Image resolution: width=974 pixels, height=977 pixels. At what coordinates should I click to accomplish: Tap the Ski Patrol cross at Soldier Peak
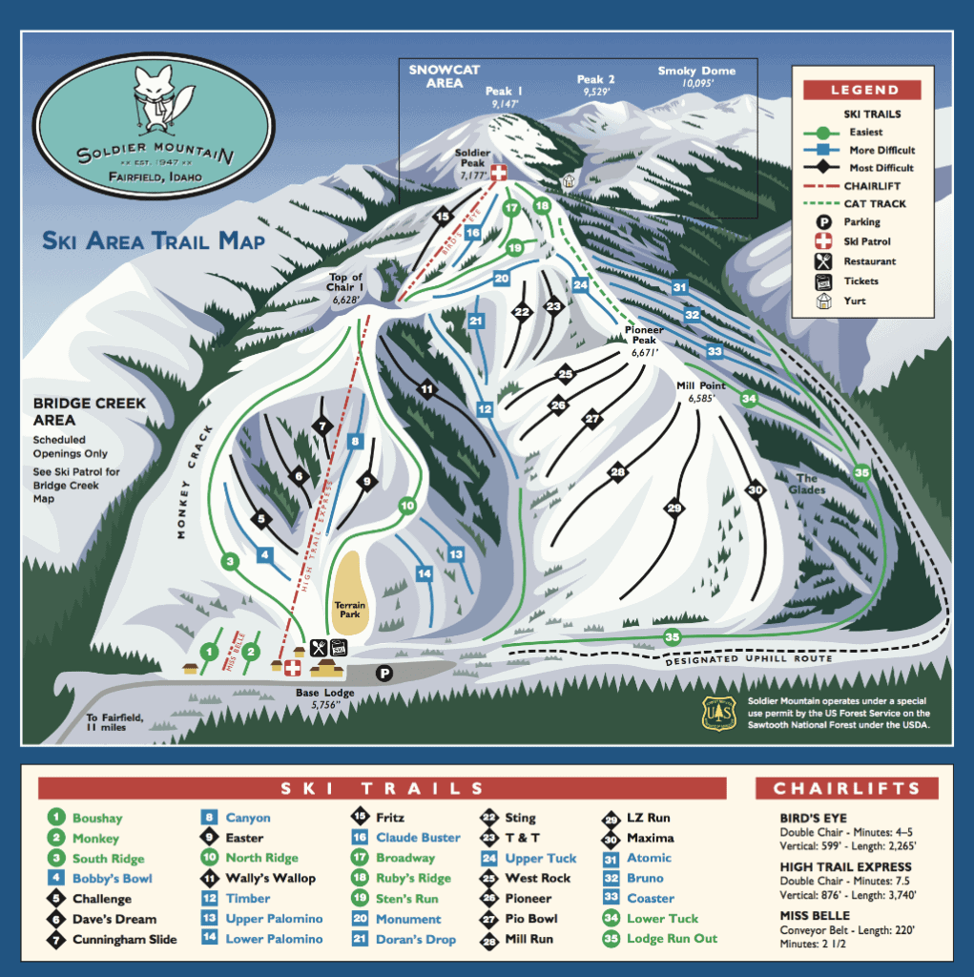coord(497,172)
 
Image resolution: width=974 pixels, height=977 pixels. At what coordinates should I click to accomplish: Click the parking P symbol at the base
coord(383,674)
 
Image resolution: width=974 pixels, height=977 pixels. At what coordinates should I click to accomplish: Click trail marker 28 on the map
coord(618,471)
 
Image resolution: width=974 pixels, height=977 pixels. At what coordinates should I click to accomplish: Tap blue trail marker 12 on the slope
coord(486,408)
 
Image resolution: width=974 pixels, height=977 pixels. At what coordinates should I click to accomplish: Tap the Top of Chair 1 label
coord(348,287)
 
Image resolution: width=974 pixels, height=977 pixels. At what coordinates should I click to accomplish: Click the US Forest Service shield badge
coord(719,713)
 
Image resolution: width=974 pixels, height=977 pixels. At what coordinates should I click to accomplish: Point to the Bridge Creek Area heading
coord(90,411)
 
